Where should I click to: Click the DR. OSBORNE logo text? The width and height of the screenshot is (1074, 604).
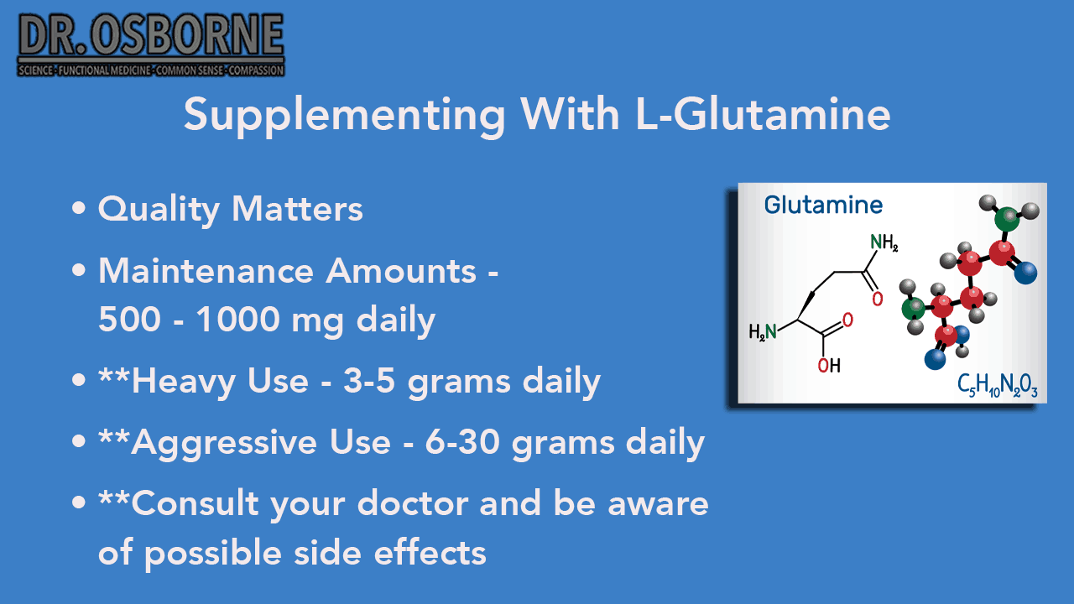(150, 34)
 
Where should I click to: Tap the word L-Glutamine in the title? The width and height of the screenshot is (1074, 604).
(763, 114)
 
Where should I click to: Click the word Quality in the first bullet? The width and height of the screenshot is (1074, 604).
(159, 210)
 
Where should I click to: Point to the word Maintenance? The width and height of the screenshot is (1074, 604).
(206, 271)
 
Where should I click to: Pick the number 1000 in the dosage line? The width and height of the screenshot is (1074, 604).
(238, 320)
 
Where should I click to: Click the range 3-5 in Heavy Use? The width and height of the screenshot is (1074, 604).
(369, 381)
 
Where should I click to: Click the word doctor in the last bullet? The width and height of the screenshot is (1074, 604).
(412, 503)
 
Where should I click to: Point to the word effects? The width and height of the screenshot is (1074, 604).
(430, 552)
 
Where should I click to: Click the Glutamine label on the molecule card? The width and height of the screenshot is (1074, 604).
(823, 206)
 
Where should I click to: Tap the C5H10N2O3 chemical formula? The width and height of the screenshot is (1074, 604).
(998, 385)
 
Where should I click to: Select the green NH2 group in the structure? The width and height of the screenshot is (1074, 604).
(884, 242)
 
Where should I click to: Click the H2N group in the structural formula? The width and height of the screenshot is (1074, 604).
(763, 331)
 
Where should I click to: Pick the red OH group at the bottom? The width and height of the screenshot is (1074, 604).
(829, 366)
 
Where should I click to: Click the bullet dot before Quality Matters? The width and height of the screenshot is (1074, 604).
(79, 209)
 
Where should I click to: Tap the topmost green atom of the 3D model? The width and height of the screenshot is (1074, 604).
(1007, 220)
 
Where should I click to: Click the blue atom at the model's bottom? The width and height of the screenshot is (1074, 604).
(935, 358)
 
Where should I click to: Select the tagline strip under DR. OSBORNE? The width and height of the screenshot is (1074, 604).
(150, 70)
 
